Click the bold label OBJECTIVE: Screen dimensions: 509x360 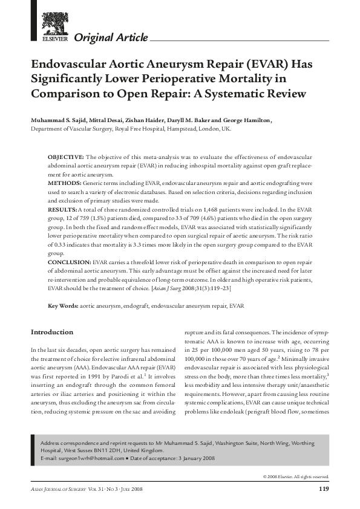click(67, 156)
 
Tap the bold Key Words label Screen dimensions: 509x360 click(63, 306)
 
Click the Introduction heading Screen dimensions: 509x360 click(52, 332)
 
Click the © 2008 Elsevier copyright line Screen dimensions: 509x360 click(296, 477)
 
